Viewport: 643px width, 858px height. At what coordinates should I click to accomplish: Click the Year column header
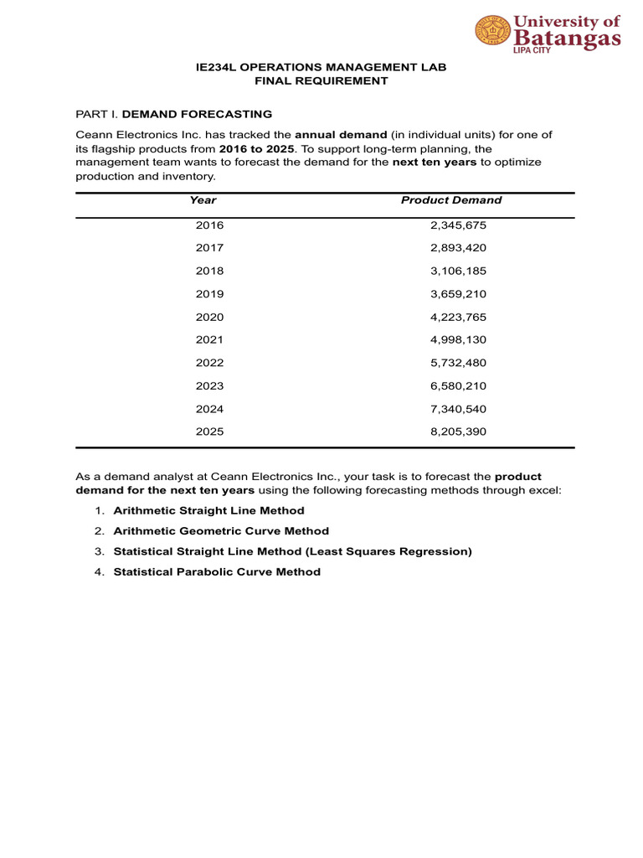click(x=203, y=200)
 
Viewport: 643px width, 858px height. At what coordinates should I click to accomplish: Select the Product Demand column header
click(x=451, y=200)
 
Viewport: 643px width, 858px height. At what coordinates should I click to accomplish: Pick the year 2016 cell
click(x=209, y=225)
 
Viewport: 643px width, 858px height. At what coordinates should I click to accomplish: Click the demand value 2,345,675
click(x=457, y=225)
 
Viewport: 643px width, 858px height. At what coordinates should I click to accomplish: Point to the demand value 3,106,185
click(x=457, y=271)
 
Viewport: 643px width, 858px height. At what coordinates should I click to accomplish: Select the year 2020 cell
click(x=209, y=318)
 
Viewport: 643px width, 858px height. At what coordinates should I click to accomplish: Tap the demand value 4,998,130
click(x=457, y=340)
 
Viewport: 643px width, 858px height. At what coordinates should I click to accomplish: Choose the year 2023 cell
click(x=209, y=386)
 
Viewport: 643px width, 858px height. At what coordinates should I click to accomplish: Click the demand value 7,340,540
click(x=457, y=410)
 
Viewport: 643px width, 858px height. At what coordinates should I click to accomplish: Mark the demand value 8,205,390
click(x=457, y=432)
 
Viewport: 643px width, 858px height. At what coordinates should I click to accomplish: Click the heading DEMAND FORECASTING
click(x=197, y=114)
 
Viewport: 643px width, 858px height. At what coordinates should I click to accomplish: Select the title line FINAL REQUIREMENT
click(x=321, y=81)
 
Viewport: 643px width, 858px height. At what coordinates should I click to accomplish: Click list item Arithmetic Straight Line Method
click(x=208, y=510)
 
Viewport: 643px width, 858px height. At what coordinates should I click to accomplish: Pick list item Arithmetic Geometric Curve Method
click(x=221, y=531)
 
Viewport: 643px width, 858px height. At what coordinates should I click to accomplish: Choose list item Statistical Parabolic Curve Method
click(x=217, y=572)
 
